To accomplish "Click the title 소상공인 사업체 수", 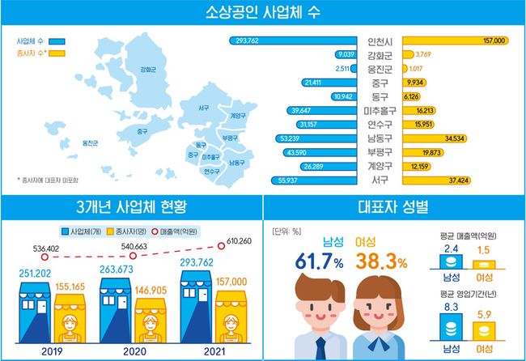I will point(263,14).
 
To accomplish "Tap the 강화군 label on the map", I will point(147,70).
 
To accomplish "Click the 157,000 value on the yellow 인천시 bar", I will point(493,40).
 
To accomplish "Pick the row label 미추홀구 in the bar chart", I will point(380,110).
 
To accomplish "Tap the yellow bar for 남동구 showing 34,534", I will point(438,138).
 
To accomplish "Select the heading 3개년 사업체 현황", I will point(131,205).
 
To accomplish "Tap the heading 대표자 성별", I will point(393,205).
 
